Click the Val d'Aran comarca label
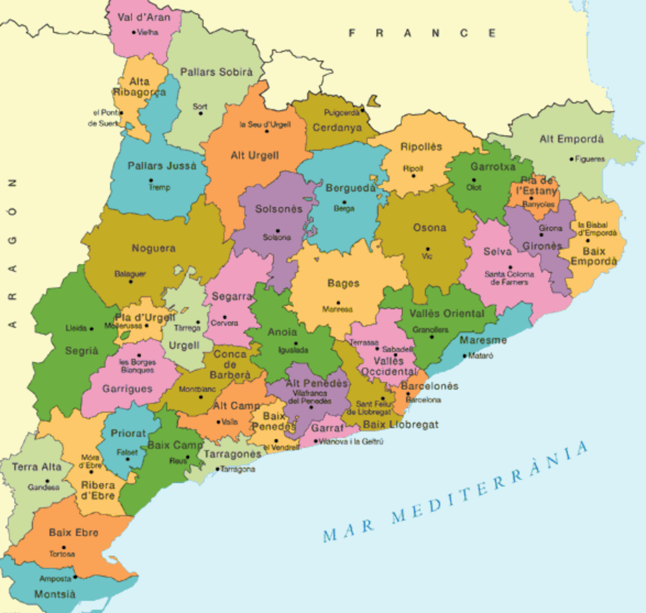[144, 17]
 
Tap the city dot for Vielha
[134, 32]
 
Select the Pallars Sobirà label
[216, 72]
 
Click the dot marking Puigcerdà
[362, 112]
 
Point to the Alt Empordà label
[571, 139]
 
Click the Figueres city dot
[571, 160]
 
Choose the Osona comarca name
[429, 228]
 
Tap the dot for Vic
[428, 249]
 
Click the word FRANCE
[422, 34]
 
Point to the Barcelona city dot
[408, 394]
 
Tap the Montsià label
[54, 594]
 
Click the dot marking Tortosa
[64, 548]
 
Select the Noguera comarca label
[154, 249]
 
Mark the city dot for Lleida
[91, 329]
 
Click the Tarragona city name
[238, 469]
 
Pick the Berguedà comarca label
[351, 188]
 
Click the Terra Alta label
[37, 467]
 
